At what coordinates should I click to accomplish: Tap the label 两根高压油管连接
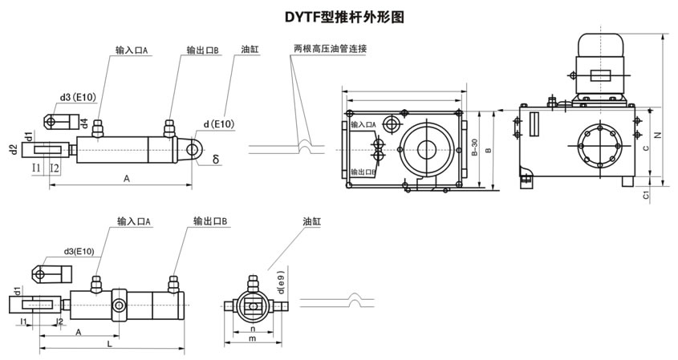click(x=330, y=50)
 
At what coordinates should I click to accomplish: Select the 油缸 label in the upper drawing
click(x=250, y=50)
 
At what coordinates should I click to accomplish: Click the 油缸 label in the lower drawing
click(x=312, y=220)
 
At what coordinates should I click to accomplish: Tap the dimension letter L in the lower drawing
click(x=110, y=344)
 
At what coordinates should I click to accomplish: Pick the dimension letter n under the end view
click(x=252, y=329)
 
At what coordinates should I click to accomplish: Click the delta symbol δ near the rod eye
click(x=216, y=160)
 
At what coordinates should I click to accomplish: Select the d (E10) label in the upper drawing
click(x=218, y=124)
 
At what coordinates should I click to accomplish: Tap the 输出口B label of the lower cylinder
click(x=211, y=220)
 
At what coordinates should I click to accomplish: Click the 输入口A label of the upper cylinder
click(x=132, y=50)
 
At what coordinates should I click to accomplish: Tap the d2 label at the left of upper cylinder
click(x=14, y=150)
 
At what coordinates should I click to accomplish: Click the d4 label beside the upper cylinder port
click(x=84, y=123)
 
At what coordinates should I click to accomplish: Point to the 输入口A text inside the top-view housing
click(x=364, y=125)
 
